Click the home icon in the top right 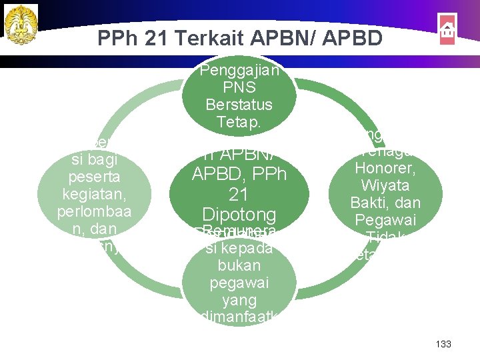(447, 29)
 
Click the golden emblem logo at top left (21, 25)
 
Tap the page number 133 (443, 344)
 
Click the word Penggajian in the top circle (239, 70)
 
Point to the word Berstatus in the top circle (239, 105)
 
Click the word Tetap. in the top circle (239, 122)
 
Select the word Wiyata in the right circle (385, 186)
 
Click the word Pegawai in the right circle (385, 219)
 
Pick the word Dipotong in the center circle (239, 215)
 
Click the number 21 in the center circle (239, 195)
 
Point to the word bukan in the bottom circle (239, 266)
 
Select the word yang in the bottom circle (239, 301)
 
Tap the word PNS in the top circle (239, 87)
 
